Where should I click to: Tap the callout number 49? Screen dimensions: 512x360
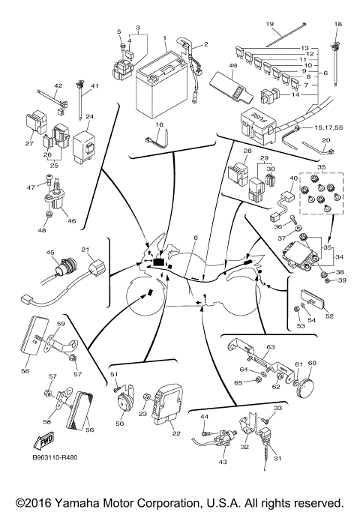click(x=233, y=67)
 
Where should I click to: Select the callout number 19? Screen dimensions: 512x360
click(x=270, y=24)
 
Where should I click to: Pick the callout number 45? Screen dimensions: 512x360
click(x=51, y=253)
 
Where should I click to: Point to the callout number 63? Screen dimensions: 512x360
click(x=271, y=346)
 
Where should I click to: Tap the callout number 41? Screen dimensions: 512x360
click(x=95, y=87)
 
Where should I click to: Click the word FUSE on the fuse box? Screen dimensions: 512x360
click(x=254, y=118)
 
